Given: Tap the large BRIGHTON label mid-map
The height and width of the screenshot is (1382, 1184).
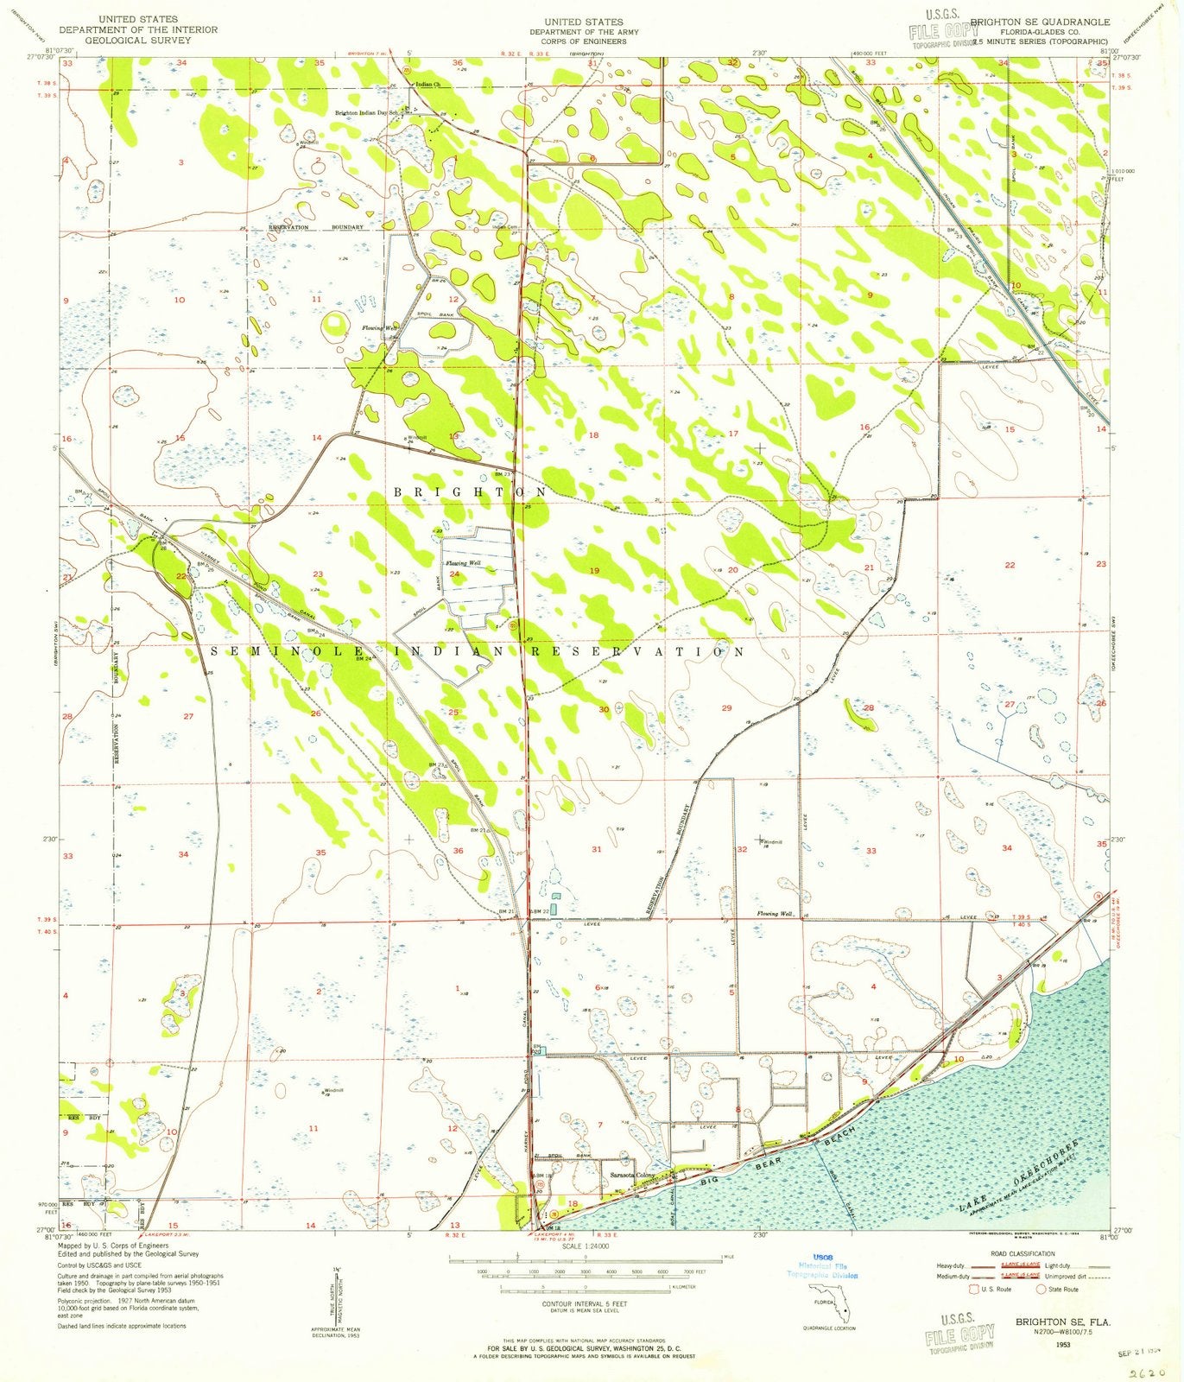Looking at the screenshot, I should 470,491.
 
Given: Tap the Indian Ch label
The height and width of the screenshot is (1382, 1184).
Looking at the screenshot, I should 427,85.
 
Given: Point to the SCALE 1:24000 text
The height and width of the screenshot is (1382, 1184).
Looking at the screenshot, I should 585,1247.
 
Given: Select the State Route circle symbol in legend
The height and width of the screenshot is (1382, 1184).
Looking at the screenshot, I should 1041,1289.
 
